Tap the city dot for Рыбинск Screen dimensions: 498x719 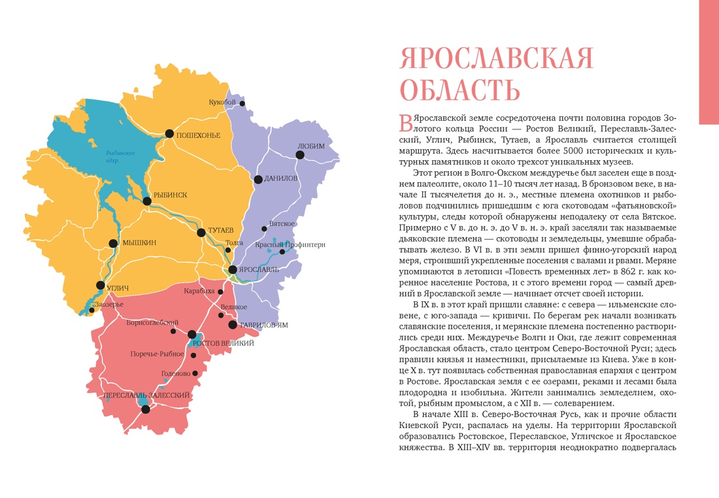(x=147, y=201)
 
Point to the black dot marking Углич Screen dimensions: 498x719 (x=100, y=285)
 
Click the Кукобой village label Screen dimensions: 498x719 (x=222, y=103)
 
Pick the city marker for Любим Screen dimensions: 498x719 (x=300, y=155)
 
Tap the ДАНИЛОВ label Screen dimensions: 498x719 (x=281, y=178)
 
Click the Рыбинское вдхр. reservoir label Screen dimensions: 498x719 (x=120, y=156)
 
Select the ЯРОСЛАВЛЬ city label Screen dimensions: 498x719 (x=260, y=269)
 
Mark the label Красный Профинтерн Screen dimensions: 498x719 (x=290, y=244)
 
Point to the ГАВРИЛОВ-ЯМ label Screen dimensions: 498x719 (x=264, y=325)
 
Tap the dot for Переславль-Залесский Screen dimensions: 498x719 (x=146, y=409)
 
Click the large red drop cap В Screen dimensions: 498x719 (x=405, y=121)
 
